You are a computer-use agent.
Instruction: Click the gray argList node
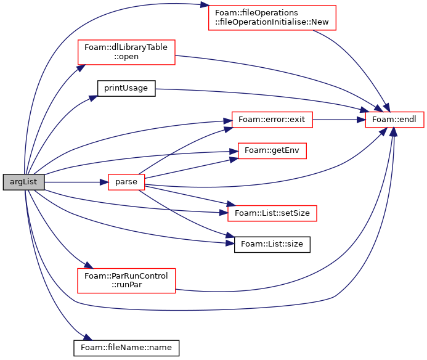23,182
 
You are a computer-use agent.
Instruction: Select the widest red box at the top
272,18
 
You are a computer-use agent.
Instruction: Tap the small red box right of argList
126,182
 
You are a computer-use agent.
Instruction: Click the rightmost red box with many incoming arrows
394,120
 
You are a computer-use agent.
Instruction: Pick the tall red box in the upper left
126,52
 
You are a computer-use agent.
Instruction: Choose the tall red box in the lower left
126,280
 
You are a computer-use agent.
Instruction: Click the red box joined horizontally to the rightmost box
272,120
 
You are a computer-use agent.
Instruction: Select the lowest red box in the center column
272,213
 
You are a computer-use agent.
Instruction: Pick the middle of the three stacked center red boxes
272,151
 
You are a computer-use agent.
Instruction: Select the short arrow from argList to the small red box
74,182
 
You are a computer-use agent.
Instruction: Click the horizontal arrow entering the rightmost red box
339,120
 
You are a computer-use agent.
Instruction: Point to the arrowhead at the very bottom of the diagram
88,337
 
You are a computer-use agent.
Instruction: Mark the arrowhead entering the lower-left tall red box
88,265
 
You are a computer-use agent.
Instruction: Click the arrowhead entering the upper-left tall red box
81,68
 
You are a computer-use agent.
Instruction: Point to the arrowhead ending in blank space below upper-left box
94,97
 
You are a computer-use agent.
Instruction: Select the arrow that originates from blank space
259,94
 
